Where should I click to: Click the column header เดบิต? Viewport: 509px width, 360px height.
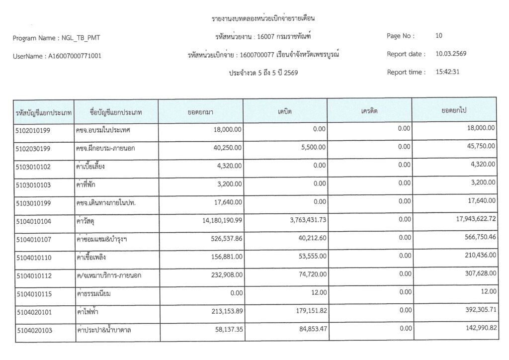[285, 111]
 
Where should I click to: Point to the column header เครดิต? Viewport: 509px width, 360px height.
[369, 111]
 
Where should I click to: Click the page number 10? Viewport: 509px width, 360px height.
[438, 36]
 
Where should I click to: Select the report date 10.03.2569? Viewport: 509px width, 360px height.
[451, 54]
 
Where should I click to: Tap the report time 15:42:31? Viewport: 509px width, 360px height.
[447, 72]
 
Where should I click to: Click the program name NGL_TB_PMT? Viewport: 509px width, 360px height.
[83, 38]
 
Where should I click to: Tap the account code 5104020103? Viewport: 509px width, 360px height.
[33, 330]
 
